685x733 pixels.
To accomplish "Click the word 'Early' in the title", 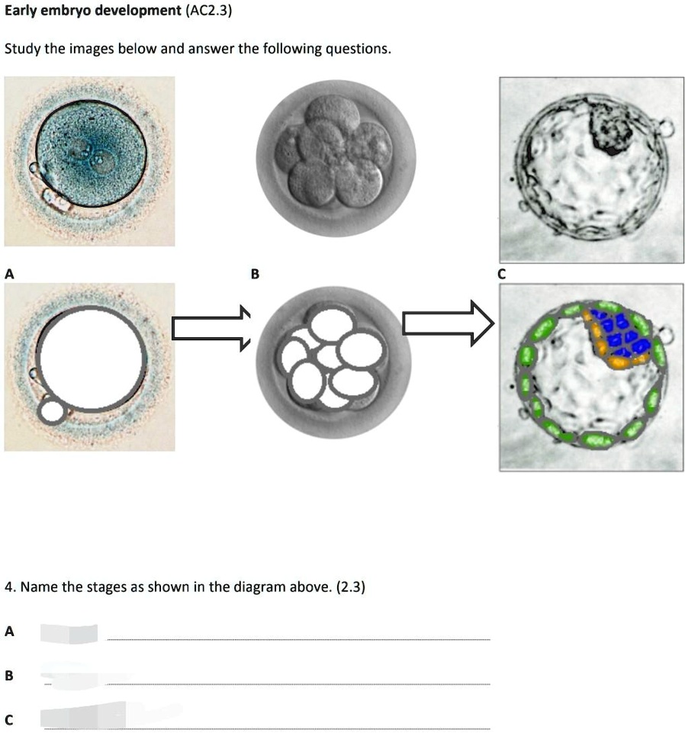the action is pos(20,11).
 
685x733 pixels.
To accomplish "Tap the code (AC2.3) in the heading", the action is pos(208,10).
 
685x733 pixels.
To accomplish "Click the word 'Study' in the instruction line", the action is pos(22,49).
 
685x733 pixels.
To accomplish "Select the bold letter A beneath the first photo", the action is pos(9,274).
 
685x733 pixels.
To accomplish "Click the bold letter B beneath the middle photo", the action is pos(255,274).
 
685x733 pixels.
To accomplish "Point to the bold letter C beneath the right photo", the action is pos(502,274).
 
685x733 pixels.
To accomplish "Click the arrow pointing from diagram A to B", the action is pos(211,328).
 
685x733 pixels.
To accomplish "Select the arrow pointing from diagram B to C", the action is pos(448,323).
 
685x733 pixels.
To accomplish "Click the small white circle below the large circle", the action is pos(52,411).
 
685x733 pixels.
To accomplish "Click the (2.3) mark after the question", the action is pos(350,587).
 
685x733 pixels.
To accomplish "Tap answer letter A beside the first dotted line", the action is pos(9,632).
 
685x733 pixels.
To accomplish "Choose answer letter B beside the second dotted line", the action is pos(9,676).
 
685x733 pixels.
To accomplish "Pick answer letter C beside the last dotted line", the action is pos(9,719).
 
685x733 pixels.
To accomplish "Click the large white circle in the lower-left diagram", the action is pos(92,359).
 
